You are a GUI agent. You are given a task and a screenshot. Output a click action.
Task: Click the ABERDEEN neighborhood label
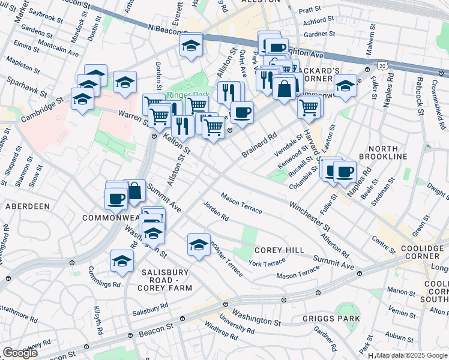click(x=27, y=206)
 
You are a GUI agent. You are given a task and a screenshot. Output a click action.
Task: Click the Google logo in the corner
click(x=20, y=352)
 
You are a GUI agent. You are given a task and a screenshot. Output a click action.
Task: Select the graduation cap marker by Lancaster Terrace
click(x=199, y=244)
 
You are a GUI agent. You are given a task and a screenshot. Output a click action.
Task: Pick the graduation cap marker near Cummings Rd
click(x=122, y=261)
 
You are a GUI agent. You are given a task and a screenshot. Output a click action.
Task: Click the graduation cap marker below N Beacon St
click(x=191, y=45)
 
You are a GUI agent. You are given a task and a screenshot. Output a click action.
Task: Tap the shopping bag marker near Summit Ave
click(x=135, y=191)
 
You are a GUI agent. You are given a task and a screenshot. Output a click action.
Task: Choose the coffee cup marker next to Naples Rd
click(x=344, y=172)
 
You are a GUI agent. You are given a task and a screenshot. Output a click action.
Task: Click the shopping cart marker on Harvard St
click(x=309, y=108)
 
